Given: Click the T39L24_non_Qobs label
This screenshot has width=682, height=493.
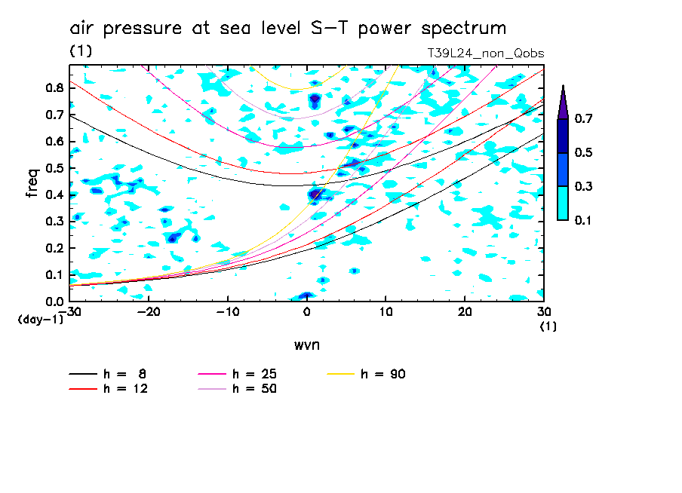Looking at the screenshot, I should pos(485,54).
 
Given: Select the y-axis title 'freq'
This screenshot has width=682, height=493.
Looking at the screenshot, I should pos(32,184).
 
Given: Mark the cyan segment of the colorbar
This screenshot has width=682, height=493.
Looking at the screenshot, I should pos(563,203).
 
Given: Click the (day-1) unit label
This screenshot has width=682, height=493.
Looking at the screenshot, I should pos(41,320).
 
